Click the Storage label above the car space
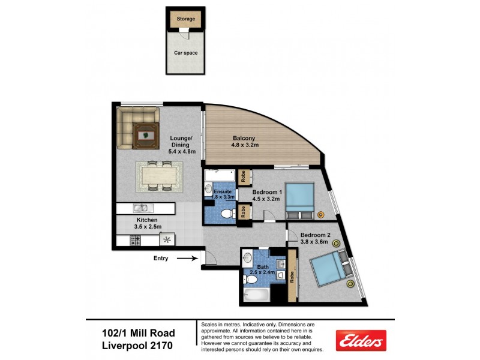(185, 19)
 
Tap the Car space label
(185, 53)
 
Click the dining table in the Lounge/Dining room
(160, 176)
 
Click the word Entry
(160, 259)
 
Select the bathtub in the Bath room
(257, 296)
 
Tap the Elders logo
(360, 340)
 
